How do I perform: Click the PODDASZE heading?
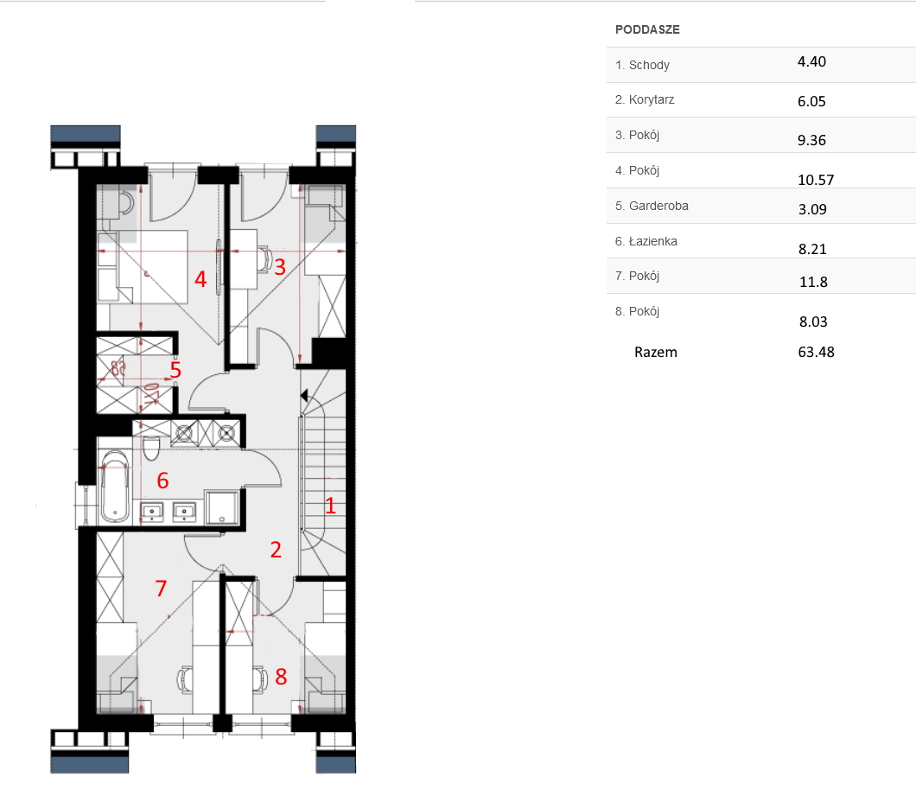click(647, 29)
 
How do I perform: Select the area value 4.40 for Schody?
click(811, 62)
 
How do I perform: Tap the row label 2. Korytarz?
click(645, 100)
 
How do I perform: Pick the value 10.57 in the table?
click(816, 180)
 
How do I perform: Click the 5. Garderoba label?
click(652, 206)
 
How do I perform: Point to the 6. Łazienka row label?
click(646, 241)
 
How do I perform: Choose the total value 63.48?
click(816, 352)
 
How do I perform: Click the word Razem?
click(655, 353)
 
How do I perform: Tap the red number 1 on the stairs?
click(330, 506)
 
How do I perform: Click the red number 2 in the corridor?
click(276, 550)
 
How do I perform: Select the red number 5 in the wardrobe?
click(175, 370)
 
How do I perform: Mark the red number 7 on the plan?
click(162, 588)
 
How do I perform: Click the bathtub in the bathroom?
click(115, 486)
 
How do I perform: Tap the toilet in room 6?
click(151, 447)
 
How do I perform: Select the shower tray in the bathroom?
click(223, 507)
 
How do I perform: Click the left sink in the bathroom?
click(152, 513)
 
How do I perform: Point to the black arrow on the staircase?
click(304, 396)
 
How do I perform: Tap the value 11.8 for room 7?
click(813, 283)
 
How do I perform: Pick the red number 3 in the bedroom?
click(280, 267)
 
